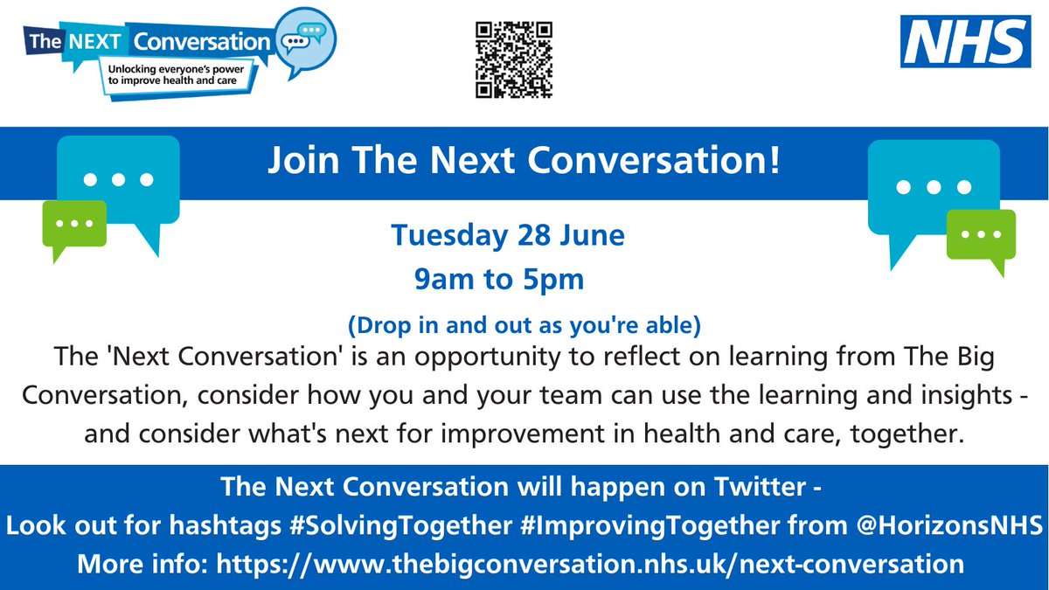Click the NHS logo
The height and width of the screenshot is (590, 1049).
point(965,42)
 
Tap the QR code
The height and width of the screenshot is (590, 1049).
point(514,59)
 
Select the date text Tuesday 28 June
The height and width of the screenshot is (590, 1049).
point(508,236)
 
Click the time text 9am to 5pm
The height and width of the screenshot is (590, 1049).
point(499,280)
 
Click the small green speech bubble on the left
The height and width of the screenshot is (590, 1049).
point(73,226)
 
